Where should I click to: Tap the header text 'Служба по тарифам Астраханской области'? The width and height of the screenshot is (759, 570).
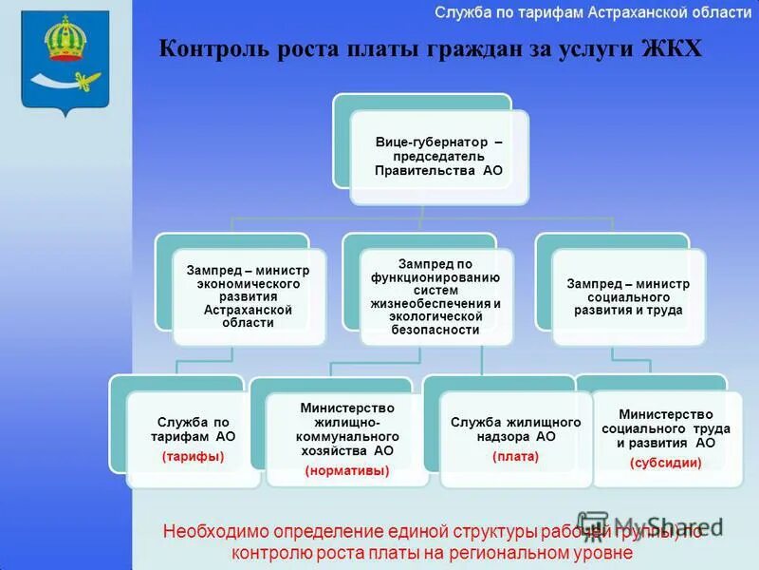pos(587,12)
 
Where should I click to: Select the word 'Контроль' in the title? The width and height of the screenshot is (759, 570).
pos(210,48)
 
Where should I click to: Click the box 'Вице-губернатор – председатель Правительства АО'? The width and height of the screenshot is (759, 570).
pos(438,157)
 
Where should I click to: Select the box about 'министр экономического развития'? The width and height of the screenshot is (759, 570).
pos(249,296)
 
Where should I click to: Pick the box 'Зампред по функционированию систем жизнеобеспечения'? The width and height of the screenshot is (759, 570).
pos(435,296)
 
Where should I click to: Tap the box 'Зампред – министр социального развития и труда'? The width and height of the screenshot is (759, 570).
pos(628,296)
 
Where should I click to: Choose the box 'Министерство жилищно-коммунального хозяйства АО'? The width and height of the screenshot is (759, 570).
pos(346,437)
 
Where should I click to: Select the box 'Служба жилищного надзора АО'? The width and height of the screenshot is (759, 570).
pos(515,437)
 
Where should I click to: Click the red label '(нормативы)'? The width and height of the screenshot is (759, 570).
pos(346,470)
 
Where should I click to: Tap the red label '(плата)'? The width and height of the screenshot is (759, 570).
pos(515,457)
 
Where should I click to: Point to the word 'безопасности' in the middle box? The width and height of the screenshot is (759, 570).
pos(435,330)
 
